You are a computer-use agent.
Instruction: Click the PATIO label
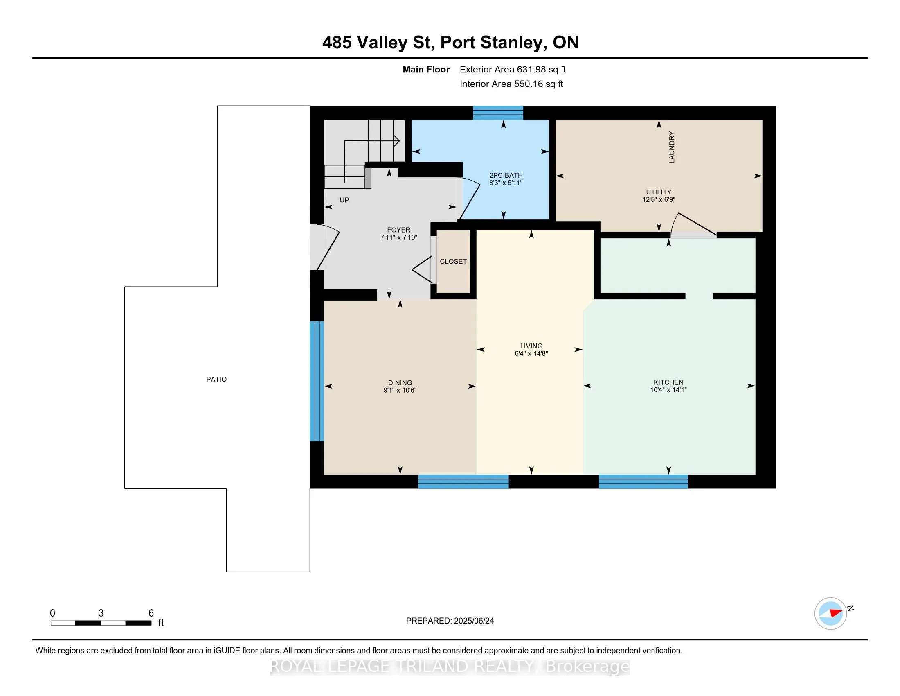(x=216, y=380)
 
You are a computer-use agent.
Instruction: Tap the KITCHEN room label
(x=668, y=382)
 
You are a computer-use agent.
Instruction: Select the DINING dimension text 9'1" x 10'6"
(x=400, y=390)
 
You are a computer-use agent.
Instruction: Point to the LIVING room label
(x=531, y=346)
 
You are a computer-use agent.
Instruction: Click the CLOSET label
(x=453, y=262)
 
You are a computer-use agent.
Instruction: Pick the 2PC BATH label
(x=506, y=175)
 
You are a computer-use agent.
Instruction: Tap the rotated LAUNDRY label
(x=672, y=147)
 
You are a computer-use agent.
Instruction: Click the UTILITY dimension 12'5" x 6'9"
(x=659, y=199)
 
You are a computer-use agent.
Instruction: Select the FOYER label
(x=398, y=230)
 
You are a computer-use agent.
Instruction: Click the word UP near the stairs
(x=344, y=200)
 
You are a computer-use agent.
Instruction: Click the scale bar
(x=101, y=623)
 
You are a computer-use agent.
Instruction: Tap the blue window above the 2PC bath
(x=498, y=113)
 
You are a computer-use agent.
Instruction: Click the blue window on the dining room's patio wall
(x=317, y=381)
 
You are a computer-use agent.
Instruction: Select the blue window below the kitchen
(x=643, y=481)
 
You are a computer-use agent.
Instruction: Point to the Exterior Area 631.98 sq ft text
(x=513, y=70)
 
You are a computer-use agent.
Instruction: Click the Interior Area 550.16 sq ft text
(x=511, y=84)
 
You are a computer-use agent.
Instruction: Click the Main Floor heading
(x=426, y=70)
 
